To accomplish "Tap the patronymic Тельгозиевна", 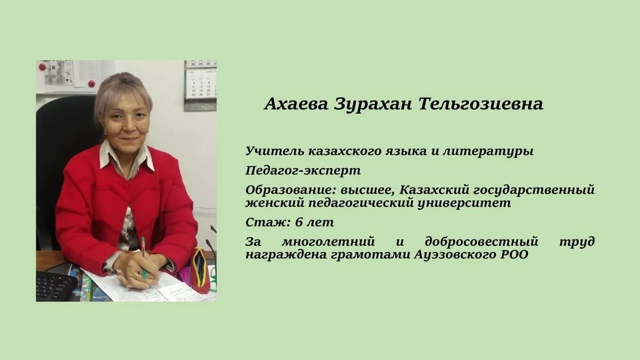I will pos(481,104).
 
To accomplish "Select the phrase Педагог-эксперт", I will pos(303,171).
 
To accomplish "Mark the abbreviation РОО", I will pos(514,255).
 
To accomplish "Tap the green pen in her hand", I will pos(143,256).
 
